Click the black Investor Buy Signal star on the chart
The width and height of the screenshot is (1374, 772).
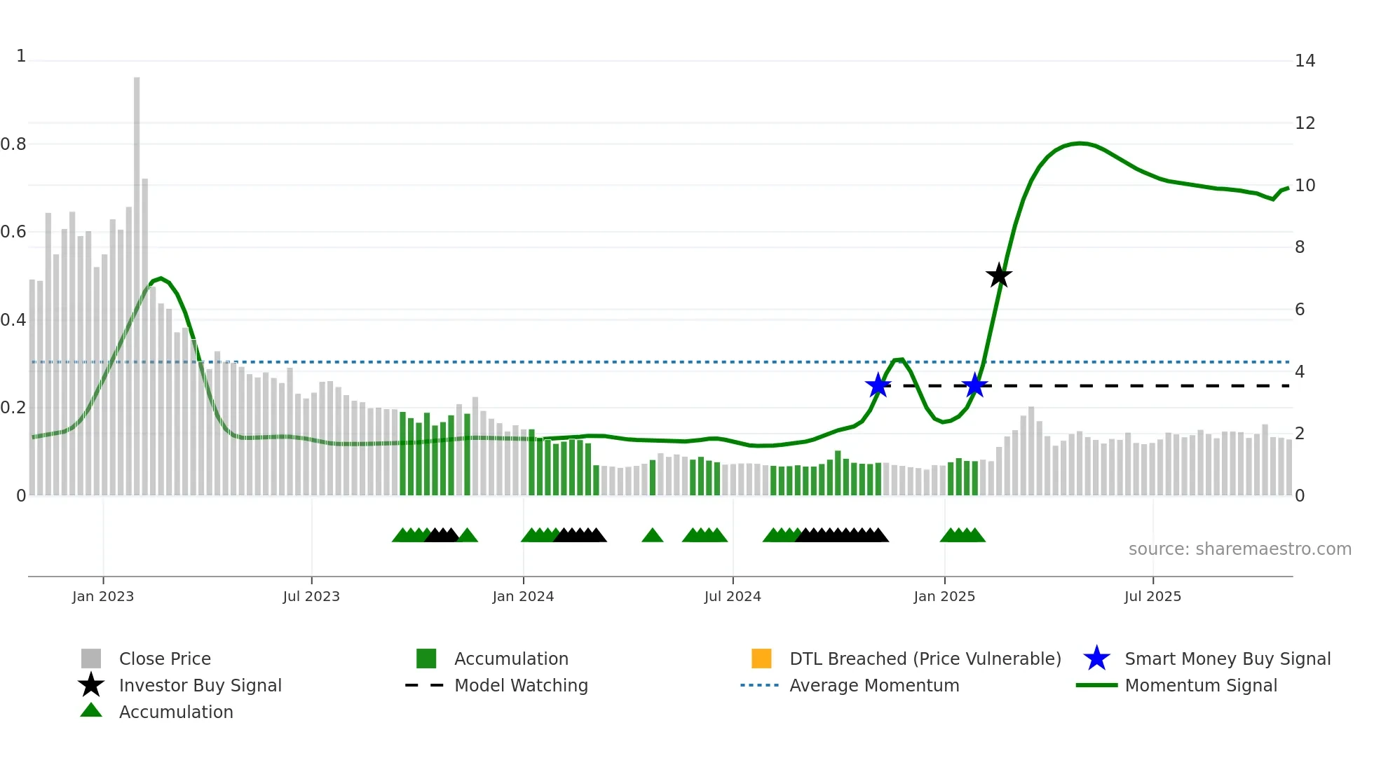999,275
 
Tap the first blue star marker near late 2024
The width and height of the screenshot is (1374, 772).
878,385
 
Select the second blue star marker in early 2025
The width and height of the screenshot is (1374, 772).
974,385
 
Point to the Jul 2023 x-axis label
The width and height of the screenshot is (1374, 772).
311,596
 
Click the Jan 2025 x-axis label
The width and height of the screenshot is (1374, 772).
944,596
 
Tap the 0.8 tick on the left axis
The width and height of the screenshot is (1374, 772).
13,144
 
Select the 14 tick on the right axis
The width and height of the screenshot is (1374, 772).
1305,61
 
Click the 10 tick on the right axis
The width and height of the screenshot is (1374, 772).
1305,186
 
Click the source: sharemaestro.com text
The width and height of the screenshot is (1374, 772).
1239,549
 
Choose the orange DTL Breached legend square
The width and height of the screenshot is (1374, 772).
761,659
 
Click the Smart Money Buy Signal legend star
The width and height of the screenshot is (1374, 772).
1096,659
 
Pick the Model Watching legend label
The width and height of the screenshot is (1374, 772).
521,685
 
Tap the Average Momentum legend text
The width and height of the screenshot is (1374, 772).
874,685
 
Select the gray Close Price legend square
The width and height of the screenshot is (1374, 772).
91,659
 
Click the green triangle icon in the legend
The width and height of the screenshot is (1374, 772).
91,710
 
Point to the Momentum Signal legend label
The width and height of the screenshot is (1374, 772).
1201,685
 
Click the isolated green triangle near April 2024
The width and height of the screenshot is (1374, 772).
652,536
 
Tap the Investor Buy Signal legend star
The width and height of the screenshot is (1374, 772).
91,685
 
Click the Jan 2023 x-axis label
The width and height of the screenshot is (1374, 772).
103,596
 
